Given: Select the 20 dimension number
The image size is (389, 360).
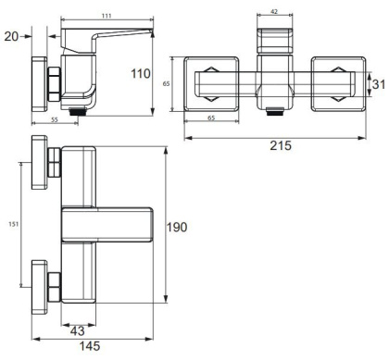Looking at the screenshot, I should pyautogui.click(x=10, y=36).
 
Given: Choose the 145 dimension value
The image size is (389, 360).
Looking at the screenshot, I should pyautogui.click(x=90, y=348).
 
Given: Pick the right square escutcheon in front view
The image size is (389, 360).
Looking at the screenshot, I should pyautogui.click(x=334, y=84).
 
